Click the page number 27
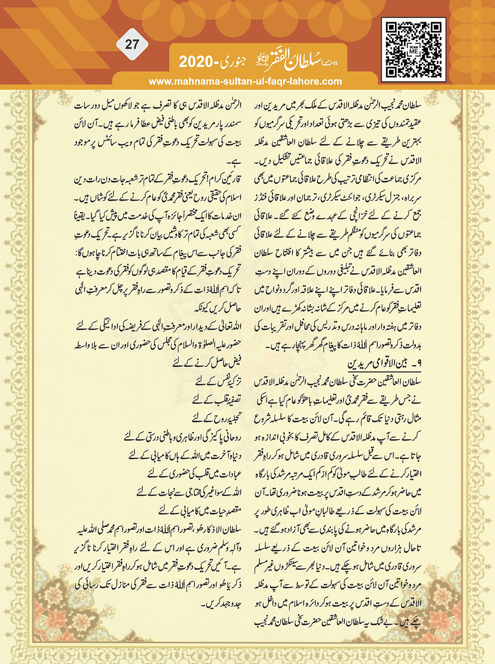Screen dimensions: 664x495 132,45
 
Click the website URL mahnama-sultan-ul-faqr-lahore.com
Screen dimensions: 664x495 245,82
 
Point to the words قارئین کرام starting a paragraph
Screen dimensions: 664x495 226,180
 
